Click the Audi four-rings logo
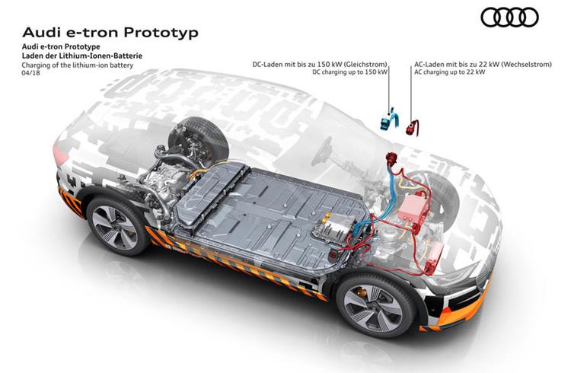pyautogui.click(x=509, y=17)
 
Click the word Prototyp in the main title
pyautogui.click(x=161, y=33)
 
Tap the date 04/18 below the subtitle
pyautogui.click(x=30, y=72)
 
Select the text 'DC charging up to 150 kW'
pyautogui.click(x=349, y=72)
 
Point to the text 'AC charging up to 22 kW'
pyautogui.click(x=449, y=72)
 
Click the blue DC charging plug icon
pyautogui.click(x=389, y=119)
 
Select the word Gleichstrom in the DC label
pyautogui.click(x=368, y=65)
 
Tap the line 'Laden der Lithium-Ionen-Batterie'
pyautogui.click(x=82, y=56)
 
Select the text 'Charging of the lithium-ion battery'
pyautogui.click(x=78, y=65)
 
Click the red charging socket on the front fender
pyautogui.click(x=391, y=159)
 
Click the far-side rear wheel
pyautogui.click(x=199, y=140)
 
